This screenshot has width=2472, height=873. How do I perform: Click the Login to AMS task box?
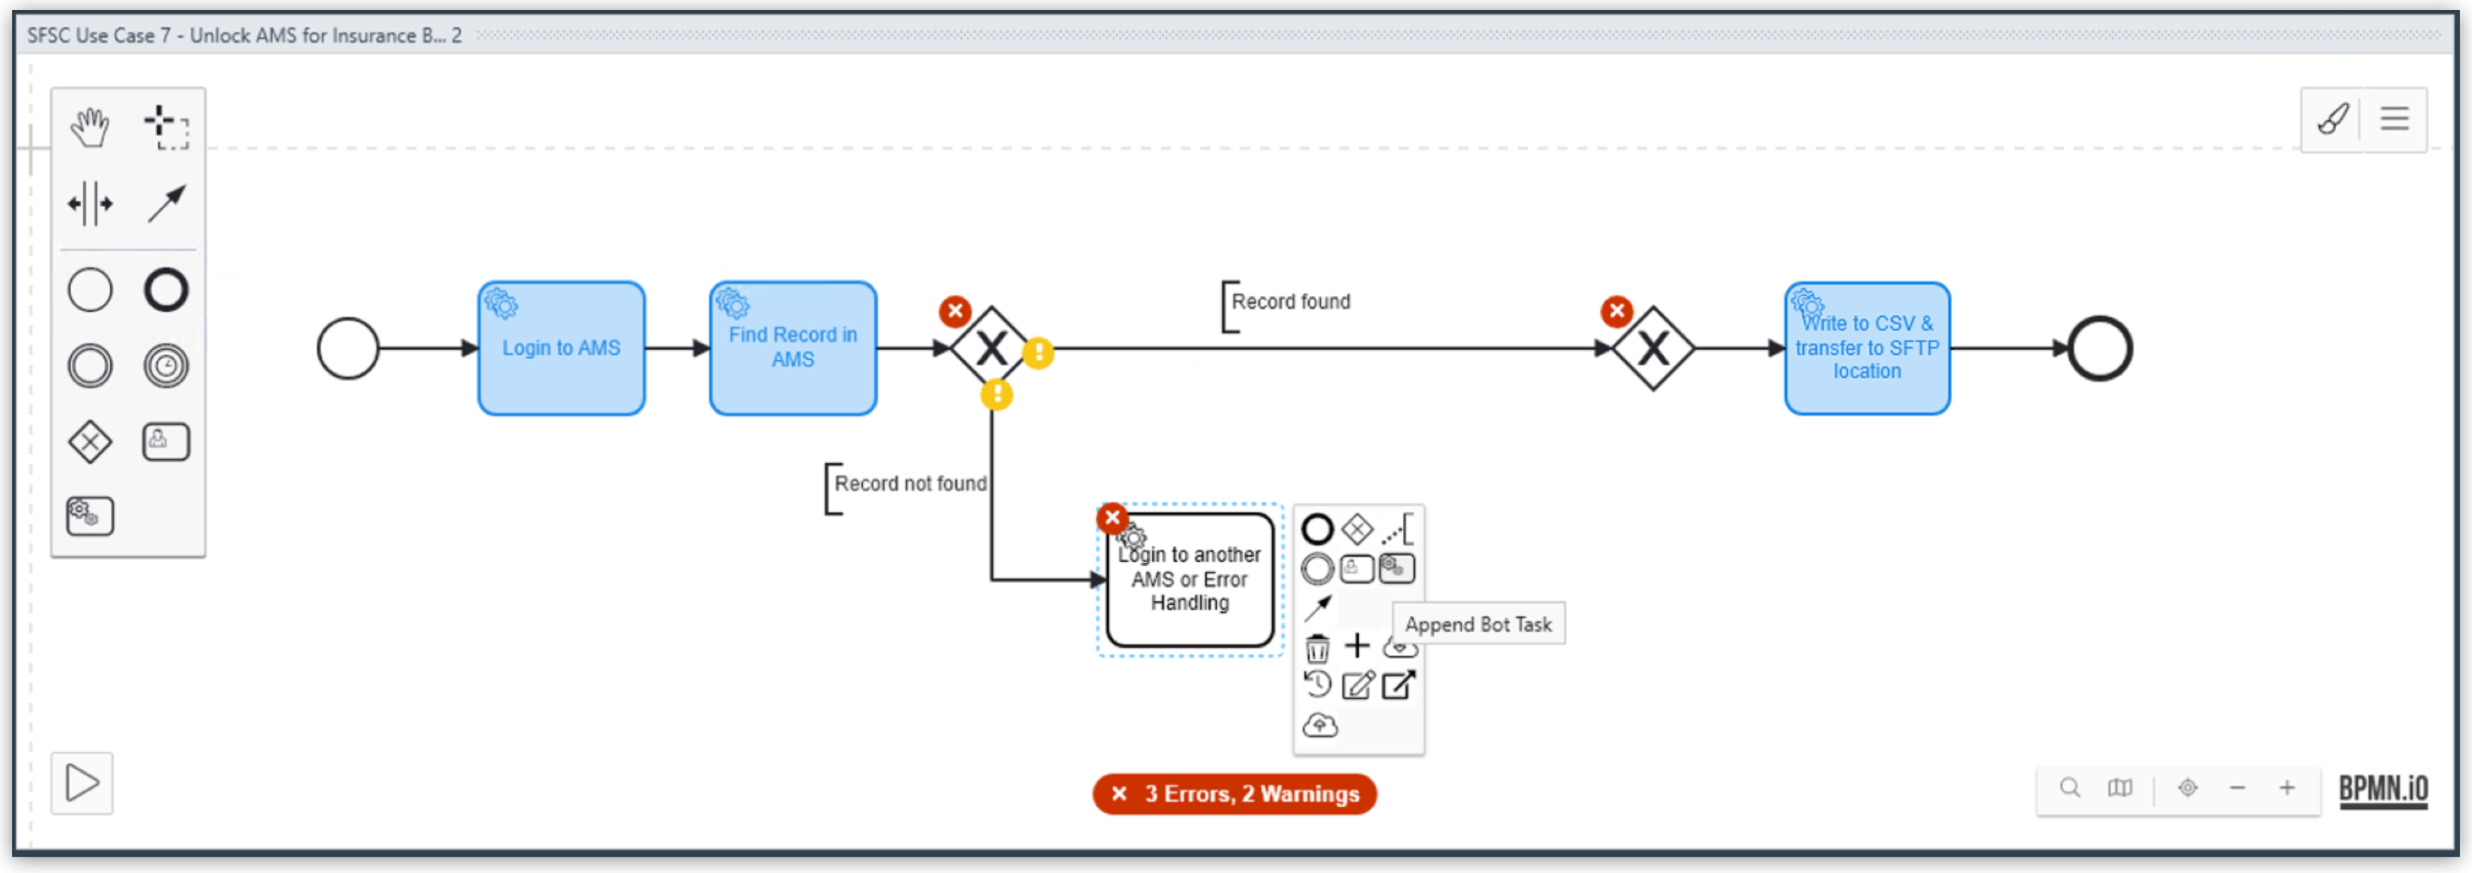coord(561,348)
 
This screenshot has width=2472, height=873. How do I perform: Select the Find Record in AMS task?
coord(793,348)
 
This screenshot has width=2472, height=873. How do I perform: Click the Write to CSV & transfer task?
coord(1867,348)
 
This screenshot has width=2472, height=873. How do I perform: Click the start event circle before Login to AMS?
coord(347,348)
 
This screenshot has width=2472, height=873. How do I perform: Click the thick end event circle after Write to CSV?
coord(2100,348)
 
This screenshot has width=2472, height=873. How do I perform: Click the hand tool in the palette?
coord(89,127)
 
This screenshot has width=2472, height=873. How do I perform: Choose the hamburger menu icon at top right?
coord(2394,119)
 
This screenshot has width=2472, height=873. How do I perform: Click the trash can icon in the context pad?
coord(1317,648)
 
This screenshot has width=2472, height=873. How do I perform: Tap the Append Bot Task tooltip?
coord(1478,624)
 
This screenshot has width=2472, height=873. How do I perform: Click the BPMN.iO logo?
coord(2383,790)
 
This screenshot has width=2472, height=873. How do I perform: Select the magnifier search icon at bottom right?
coord(2070,789)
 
